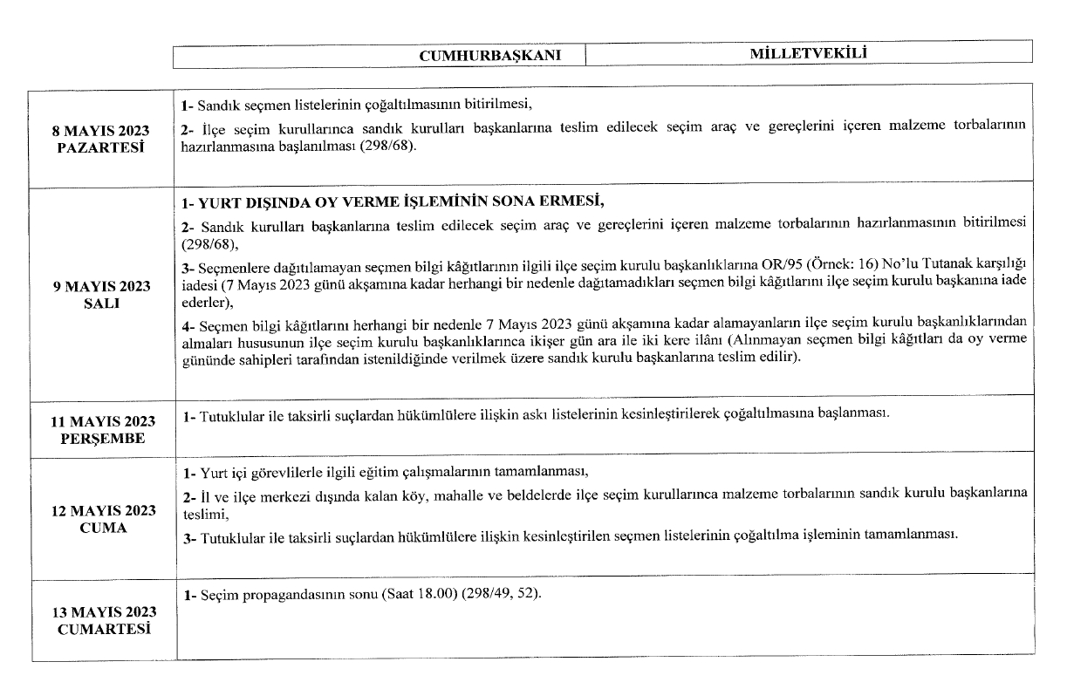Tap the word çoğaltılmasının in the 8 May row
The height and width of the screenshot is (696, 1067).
tap(366, 106)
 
